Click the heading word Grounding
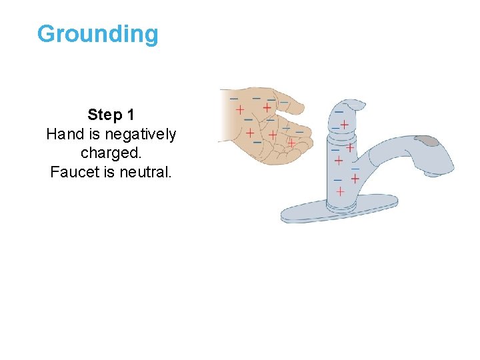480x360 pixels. click(98, 34)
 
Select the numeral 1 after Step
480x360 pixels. click(130, 115)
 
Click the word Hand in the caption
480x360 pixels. click(61, 134)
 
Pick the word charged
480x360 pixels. click(111, 153)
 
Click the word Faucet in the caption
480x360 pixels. click(71, 172)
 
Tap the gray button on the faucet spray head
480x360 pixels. click(427, 141)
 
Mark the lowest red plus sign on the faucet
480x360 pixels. click(340, 191)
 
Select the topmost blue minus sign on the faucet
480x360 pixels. click(339, 111)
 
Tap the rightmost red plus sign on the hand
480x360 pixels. click(291, 143)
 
